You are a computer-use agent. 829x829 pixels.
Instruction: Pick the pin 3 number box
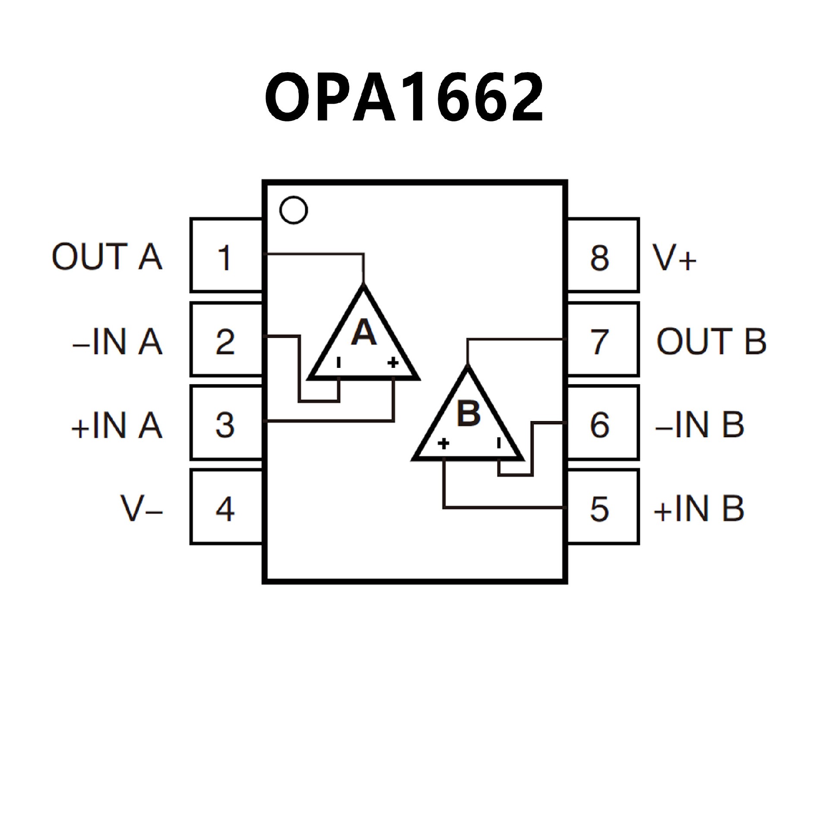[226, 424]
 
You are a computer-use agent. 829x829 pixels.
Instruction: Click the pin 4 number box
[226, 507]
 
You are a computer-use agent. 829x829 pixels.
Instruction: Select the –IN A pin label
[117, 341]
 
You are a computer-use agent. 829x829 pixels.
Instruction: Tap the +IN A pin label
[117, 425]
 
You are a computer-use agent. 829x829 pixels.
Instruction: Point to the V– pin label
[142, 508]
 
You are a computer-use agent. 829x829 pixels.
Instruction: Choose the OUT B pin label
[711, 341]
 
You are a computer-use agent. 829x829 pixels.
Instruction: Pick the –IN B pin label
[699, 425]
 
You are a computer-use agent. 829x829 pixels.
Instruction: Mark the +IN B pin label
[699, 508]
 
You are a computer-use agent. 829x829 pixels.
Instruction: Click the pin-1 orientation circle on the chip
[294, 210]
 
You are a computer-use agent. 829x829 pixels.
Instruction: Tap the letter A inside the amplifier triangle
[364, 333]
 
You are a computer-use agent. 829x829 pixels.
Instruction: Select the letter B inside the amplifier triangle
[468, 414]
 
